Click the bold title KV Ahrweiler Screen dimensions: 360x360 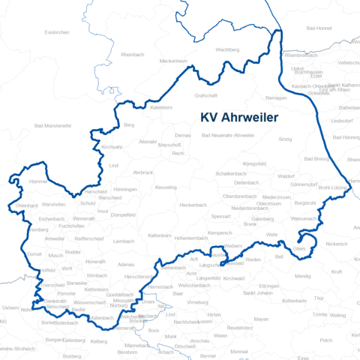coord(238,118)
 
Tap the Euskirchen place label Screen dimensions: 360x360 coord(57,32)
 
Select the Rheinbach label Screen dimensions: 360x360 coord(132,54)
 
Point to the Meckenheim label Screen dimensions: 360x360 coord(172,61)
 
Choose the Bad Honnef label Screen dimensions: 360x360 coord(319,28)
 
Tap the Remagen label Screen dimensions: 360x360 coord(277,98)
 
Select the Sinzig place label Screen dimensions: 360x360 coord(285,139)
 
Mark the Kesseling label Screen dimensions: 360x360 coord(165,187)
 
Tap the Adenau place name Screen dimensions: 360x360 coord(126,264)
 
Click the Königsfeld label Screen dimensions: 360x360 coord(254,163)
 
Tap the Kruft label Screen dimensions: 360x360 coord(336,271)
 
